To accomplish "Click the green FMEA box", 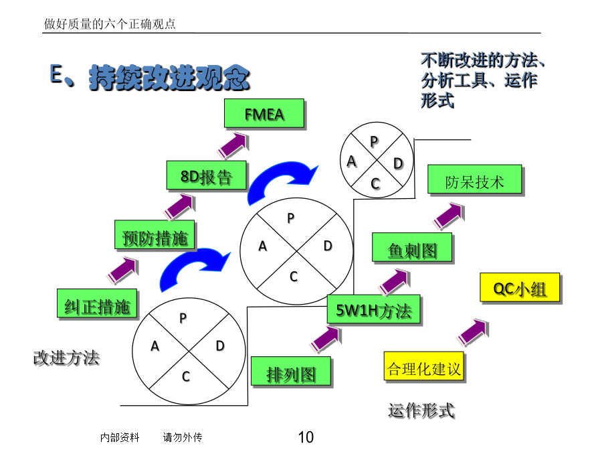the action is pyautogui.click(x=264, y=113).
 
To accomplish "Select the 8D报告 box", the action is pyautogui.click(x=206, y=175).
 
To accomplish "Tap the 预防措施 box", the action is pyautogui.click(x=155, y=235).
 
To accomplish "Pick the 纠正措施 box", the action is pyautogui.click(x=97, y=303).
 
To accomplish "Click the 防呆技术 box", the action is pyautogui.click(x=475, y=179).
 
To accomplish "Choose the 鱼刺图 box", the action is pyautogui.click(x=412, y=248).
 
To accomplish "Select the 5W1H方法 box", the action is pyautogui.click(x=373, y=309).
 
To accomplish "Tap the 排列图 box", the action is pyautogui.click(x=291, y=371).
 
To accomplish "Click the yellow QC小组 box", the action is pyautogui.click(x=520, y=287).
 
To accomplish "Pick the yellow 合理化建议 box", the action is pyautogui.click(x=424, y=366).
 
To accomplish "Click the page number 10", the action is pyautogui.click(x=306, y=437).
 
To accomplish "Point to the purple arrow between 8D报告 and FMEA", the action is pyautogui.click(x=233, y=145).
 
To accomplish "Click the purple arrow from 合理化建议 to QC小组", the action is pyautogui.click(x=473, y=331).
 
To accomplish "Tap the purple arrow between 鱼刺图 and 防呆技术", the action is pyautogui.click(x=449, y=216).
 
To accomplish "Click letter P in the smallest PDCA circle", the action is pyautogui.click(x=374, y=142).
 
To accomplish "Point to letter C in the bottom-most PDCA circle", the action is pyautogui.click(x=186, y=376).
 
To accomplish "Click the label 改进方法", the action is pyautogui.click(x=66, y=358).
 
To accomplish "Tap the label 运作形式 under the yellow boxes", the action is pyautogui.click(x=421, y=410).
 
